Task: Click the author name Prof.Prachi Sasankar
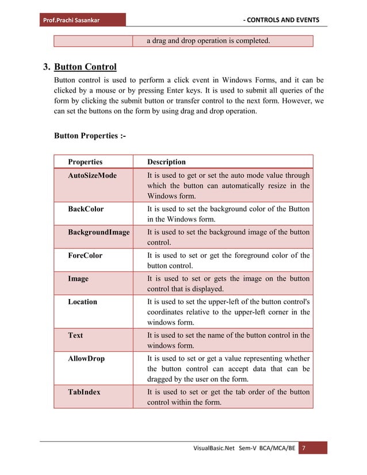[70, 21]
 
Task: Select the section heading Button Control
[85, 67]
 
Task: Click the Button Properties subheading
[89, 136]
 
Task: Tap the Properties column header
[85, 162]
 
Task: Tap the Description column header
[166, 162]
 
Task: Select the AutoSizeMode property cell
[92, 175]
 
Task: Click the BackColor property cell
[86, 209]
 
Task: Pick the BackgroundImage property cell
[98, 232]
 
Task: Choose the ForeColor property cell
[85, 255]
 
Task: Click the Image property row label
[78, 278]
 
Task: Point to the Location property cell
[82, 301]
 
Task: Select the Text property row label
[75, 335]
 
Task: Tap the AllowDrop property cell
[86, 358]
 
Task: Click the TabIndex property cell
[84, 392]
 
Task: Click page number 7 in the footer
[304, 448]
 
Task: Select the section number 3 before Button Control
[48, 67]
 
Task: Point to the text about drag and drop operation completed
[208, 41]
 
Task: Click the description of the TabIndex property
[228, 397]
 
